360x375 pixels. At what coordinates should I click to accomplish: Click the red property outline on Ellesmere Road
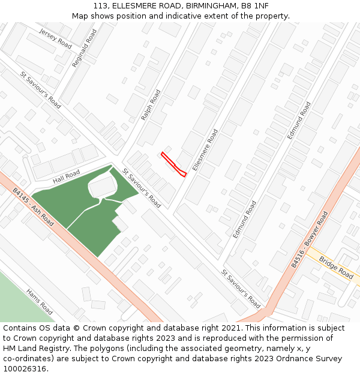coord(173,164)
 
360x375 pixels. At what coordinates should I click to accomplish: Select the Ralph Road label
coord(151,105)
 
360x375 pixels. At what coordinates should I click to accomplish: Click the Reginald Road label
coord(84,47)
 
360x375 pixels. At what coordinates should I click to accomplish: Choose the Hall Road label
coord(66,176)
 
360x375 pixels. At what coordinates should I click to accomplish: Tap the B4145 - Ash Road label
coord(33,208)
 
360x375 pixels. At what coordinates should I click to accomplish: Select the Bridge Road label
coord(336,268)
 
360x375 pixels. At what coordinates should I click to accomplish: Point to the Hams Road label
coord(40,301)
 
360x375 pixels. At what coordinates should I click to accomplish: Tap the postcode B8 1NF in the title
coord(256,6)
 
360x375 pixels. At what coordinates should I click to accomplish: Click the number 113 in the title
coord(101,6)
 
